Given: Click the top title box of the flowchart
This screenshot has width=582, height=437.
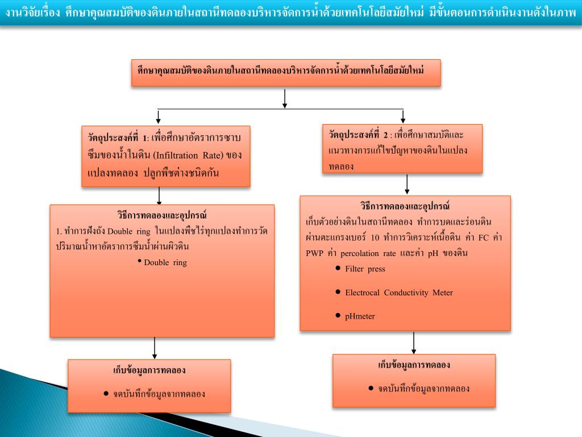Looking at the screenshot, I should [286, 72].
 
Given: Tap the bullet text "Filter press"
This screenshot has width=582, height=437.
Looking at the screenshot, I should [365, 269].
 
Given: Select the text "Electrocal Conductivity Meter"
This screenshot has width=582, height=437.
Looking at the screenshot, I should [399, 292].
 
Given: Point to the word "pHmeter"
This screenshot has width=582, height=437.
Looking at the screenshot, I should [360, 316].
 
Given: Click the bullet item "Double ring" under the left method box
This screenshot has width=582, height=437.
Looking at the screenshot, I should [165, 262].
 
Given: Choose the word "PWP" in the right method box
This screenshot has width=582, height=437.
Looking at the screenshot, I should [314, 253].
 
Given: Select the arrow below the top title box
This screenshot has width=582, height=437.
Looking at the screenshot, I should [285, 98].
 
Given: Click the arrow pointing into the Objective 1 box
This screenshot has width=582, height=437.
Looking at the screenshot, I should [159, 117].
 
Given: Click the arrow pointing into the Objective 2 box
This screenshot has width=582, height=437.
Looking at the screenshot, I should [403, 116].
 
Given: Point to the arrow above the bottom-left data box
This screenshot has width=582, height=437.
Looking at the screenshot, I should [155, 348].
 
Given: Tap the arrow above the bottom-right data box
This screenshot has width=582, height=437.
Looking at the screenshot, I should [414, 343].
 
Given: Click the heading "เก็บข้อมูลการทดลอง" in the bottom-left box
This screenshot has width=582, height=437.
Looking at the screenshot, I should [149, 370].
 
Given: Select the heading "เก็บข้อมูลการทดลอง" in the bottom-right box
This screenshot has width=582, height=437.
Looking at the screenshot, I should [414, 365].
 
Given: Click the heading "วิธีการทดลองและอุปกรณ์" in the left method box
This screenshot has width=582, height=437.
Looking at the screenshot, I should [162, 216].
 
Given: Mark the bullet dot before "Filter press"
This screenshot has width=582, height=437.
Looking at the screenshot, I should [338, 268].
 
